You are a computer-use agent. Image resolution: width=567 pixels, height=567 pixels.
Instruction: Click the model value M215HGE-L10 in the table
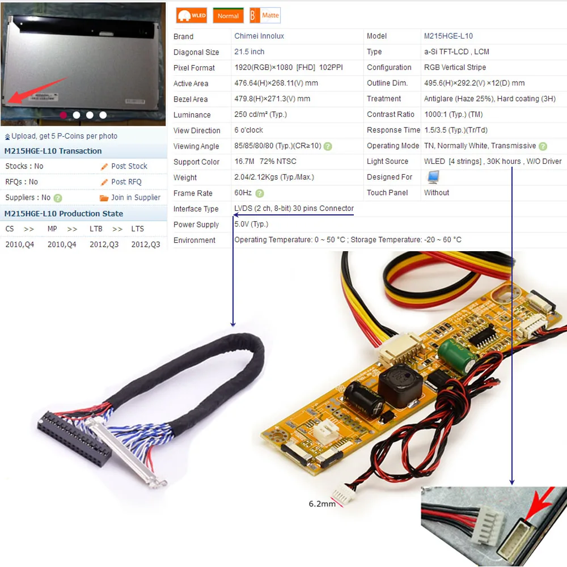tap(448, 36)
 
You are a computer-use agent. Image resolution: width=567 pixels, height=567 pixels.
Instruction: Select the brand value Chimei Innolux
tap(259, 36)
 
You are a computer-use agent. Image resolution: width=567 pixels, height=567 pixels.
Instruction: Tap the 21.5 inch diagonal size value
tap(249, 52)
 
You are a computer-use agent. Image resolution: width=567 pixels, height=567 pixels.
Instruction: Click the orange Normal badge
tap(228, 16)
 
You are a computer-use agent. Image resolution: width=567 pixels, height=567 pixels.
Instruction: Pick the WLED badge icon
tap(191, 16)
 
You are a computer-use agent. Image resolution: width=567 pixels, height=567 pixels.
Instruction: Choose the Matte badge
tap(265, 15)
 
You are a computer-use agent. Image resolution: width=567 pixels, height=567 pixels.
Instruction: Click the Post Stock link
tap(129, 166)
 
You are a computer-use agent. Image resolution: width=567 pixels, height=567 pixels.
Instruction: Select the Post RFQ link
tap(126, 182)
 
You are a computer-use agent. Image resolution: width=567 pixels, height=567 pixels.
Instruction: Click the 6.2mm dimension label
tap(322, 503)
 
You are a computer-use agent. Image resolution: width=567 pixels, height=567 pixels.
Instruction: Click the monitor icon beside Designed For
tap(433, 177)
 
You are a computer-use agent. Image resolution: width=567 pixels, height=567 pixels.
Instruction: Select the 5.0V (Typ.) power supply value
tap(251, 225)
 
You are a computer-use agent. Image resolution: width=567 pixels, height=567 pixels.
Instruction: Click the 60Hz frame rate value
tap(243, 193)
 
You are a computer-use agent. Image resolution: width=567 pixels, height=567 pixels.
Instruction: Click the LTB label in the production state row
tap(96, 229)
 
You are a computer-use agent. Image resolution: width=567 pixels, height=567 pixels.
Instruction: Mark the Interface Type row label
tap(196, 209)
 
